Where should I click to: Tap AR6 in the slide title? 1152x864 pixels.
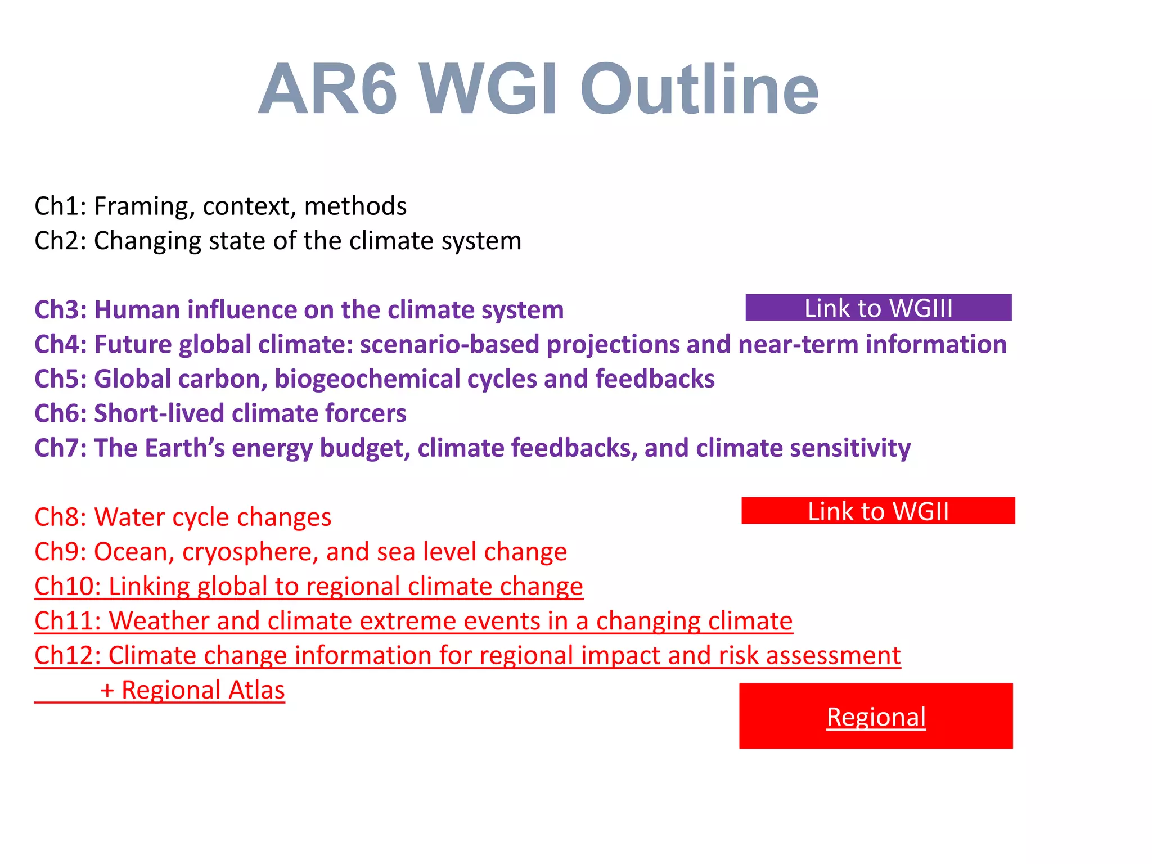(x=328, y=90)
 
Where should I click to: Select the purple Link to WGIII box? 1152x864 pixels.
(x=878, y=308)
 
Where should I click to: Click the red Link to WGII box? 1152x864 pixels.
(x=878, y=511)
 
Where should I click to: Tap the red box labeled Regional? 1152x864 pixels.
(x=876, y=716)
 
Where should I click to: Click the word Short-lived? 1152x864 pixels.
(x=159, y=414)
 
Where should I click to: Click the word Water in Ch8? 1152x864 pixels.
(x=127, y=517)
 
